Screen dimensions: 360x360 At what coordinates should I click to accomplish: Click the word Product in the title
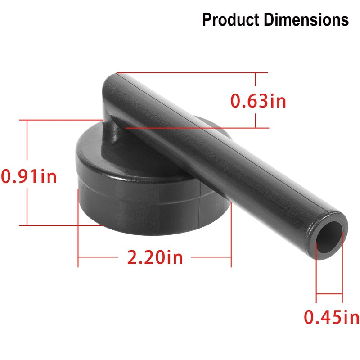(x=230, y=20)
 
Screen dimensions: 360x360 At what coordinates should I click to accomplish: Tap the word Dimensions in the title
(x=306, y=20)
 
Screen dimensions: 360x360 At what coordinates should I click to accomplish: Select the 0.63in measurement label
(x=258, y=101)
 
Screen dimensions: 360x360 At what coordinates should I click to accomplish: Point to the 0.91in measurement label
(x=29, y=175)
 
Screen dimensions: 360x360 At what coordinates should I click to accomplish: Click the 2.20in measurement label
(x=155, y=258)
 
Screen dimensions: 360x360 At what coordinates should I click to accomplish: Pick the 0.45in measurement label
(x=332, y=318)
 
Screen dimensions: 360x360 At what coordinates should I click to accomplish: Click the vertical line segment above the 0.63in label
(x=256, y=82)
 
